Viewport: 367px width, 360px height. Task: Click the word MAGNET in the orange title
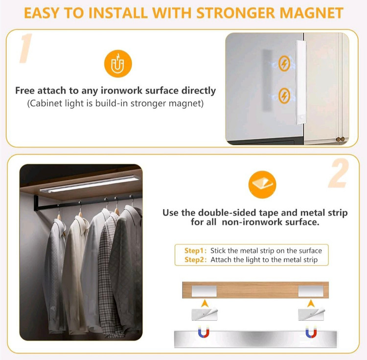312,13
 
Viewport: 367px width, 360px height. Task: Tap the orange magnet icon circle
118,64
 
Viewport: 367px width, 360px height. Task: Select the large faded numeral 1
25,48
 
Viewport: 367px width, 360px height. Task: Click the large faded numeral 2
339,173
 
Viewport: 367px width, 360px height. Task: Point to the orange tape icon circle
262,185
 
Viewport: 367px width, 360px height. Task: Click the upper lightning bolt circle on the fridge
284,64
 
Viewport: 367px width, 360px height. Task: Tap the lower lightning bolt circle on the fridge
284,96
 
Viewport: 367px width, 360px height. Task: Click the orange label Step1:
195,251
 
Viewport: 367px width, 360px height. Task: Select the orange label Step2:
195,260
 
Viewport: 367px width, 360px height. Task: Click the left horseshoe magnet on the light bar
204,333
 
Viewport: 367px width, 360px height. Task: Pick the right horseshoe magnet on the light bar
311,333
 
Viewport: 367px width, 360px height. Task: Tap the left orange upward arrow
205,303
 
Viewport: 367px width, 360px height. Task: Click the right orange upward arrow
311,303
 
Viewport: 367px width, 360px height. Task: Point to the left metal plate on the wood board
204,291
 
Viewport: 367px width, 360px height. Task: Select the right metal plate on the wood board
311,291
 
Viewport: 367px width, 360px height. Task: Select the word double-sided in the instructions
227,213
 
